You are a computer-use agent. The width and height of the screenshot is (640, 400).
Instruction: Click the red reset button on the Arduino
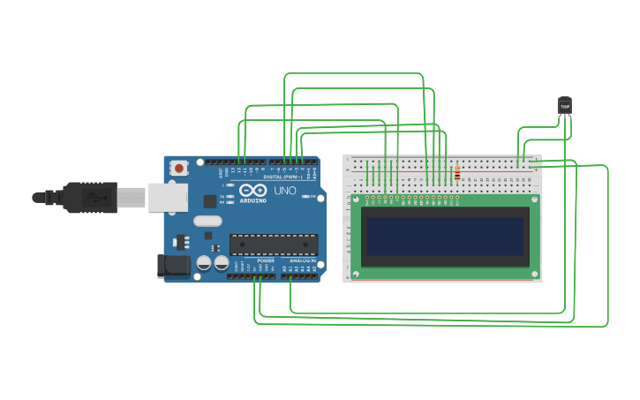(179, 167)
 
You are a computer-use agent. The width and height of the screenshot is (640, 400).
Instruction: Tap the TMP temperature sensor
(565, 105)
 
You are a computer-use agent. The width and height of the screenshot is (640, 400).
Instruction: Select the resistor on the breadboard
(456, 174)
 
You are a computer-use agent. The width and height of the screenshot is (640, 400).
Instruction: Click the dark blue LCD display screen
(445, 237)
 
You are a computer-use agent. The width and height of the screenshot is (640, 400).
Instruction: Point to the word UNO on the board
(284, 191)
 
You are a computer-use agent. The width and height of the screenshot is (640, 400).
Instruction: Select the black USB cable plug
(88, 197)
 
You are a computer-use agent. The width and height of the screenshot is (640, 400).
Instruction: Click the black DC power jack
(173, 265)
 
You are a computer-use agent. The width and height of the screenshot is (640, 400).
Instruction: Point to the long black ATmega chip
(273, 245)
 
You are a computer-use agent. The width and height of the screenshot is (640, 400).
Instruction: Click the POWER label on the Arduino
(266, 261)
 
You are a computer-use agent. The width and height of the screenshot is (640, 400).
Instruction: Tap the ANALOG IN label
(299, 261)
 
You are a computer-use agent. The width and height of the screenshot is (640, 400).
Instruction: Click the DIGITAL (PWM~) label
(282, 177)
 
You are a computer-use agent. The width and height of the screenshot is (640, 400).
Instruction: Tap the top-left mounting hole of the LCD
(357, 200)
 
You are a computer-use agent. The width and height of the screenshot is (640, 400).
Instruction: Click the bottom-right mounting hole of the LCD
(534, 275)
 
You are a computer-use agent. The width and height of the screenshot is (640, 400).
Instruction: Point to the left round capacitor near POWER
(204, 262)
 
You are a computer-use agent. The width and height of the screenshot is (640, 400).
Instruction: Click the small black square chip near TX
(183, 241)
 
